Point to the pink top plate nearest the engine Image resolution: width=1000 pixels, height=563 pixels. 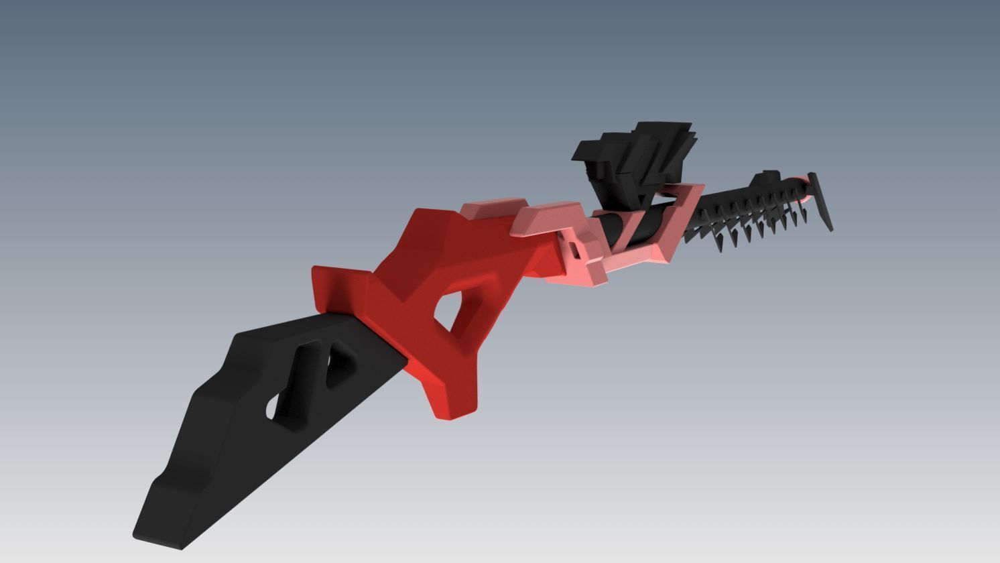[x=546, y=217]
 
